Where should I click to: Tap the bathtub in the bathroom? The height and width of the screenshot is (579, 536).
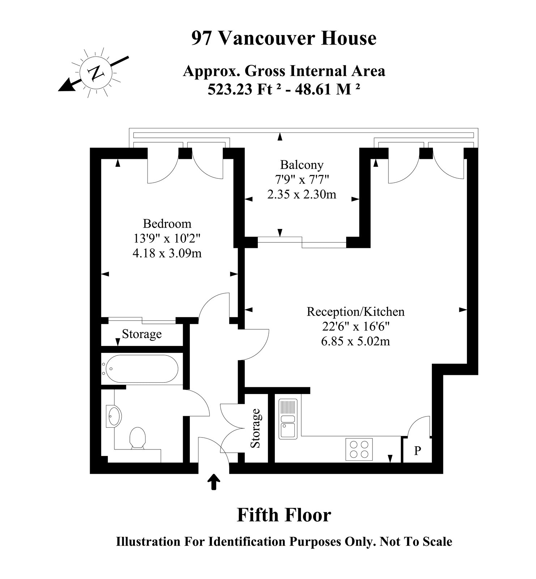(140, 368)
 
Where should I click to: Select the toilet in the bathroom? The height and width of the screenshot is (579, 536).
(137, 438)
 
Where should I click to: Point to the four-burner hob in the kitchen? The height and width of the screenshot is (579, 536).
(359, 449)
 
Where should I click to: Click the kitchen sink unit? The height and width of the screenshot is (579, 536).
(288, 419)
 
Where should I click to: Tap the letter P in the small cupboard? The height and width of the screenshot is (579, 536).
(418, 451)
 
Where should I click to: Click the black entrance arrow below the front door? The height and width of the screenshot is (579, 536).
(214, 482)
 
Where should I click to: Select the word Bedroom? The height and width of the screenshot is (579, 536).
(167, 223)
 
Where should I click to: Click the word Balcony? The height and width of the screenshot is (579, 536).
(302, 165)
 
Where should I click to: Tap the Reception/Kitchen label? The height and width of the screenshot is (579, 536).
(356, 311)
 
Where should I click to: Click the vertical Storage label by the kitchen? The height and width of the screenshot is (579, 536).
(256, 428)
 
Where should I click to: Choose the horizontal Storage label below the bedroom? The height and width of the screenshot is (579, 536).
(142, 334)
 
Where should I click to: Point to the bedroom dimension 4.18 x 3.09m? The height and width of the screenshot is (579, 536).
(167, 253)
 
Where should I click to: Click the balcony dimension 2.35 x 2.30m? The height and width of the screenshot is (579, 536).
(302, 195)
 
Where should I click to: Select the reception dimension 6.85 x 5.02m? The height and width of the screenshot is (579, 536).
(356, 341)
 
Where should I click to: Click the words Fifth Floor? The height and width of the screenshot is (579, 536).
(284, 515)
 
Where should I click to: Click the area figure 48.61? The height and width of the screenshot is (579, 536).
(314, 89)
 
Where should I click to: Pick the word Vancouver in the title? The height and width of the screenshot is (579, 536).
(267, 38)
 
